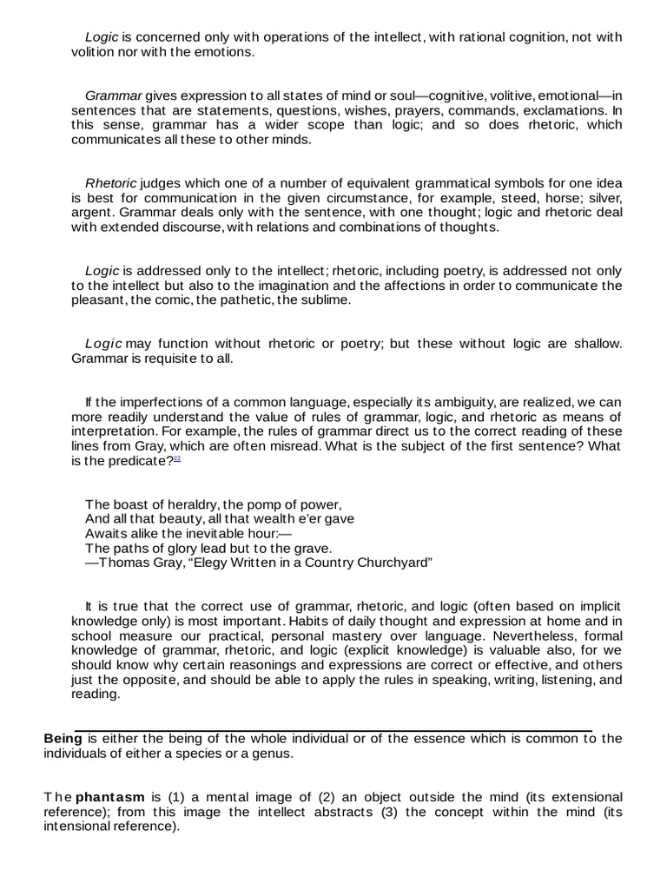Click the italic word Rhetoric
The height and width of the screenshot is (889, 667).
110,183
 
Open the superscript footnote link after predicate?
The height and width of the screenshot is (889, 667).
176,458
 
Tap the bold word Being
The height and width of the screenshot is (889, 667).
63,739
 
